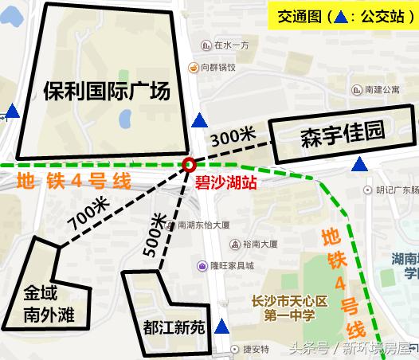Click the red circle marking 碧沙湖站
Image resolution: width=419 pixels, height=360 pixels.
[190, 165]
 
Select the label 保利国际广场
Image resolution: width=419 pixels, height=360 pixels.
[108, 92]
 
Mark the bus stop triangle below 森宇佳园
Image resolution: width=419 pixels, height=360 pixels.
[360, 165]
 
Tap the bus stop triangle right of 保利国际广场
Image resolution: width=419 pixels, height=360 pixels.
[199, 121]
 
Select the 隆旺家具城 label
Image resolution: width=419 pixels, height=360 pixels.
[231, 266]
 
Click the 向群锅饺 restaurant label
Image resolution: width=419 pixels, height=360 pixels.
[218, 68]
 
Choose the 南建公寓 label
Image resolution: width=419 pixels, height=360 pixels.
[382, 90]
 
